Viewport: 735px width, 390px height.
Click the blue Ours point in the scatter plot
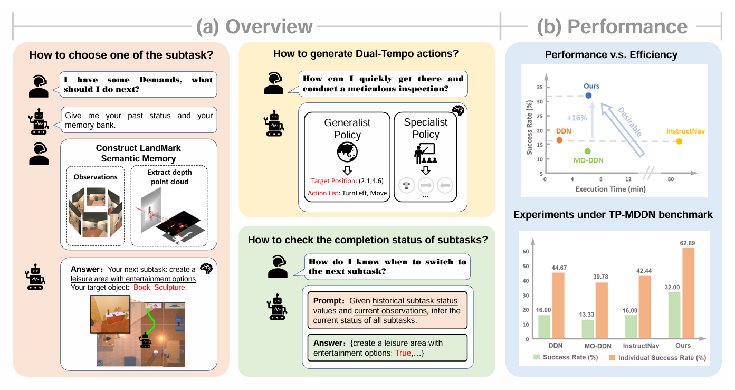click(588, 96)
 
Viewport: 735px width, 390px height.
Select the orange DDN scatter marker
click(559, 140)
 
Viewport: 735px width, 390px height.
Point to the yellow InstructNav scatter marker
click(679, 141)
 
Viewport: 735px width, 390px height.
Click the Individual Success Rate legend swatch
click(612, 358)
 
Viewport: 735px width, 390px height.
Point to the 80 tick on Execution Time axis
click(671, 180)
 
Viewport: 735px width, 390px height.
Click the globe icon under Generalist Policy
click(347, 151)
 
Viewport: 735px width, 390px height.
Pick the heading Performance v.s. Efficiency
click(611, 54)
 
